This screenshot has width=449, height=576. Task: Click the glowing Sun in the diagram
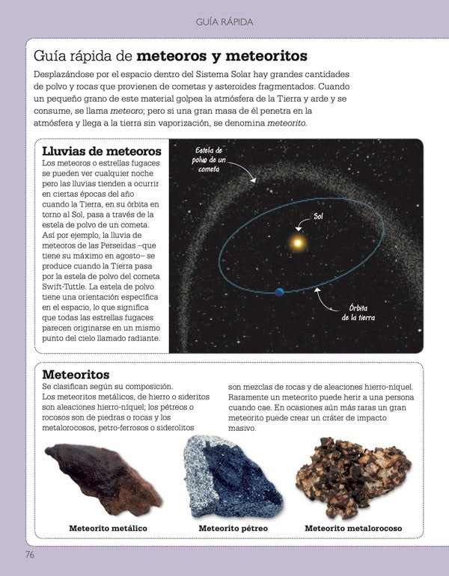(298, 243)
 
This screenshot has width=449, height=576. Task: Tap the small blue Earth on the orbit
(280, 292)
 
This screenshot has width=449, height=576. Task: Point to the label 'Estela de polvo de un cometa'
(210, 159)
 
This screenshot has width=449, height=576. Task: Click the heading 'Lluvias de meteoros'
(102, 151)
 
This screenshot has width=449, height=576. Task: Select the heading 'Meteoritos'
(76, 374)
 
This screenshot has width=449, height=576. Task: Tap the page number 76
(29, 554)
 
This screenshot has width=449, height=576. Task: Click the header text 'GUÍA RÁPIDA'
(224, 22)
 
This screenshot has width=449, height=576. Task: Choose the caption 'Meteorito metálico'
(108, 528)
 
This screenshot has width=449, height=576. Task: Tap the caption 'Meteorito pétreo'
(233, 528)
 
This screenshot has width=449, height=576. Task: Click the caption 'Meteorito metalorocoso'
(353, 528)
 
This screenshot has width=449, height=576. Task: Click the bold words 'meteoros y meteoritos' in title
(222, 56)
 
